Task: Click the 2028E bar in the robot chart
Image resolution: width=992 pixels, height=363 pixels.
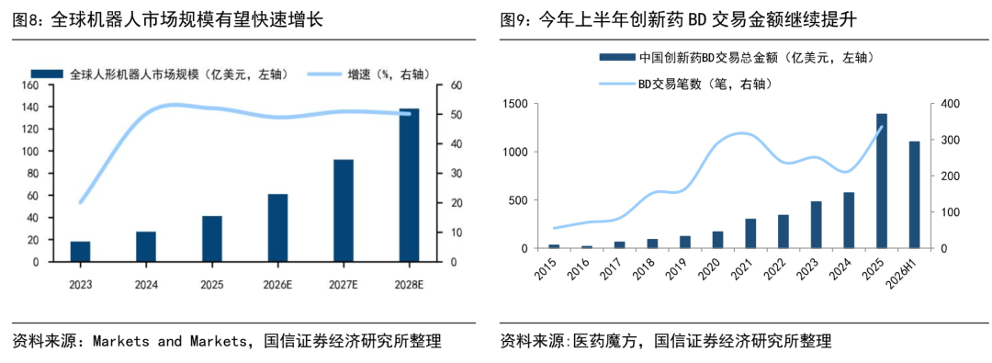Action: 409,185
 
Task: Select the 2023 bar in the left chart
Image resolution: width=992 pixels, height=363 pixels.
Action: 80,252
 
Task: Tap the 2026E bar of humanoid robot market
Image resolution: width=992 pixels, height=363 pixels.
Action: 277,228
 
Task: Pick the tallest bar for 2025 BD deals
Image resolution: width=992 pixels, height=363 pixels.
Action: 882,181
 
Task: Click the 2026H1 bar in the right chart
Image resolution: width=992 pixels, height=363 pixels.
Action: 914,195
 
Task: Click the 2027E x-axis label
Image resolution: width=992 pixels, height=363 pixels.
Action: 344,285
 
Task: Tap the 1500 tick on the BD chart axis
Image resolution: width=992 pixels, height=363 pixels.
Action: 513,104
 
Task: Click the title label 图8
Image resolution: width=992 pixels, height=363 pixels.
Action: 25,20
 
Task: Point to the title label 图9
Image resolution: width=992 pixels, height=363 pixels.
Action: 512,20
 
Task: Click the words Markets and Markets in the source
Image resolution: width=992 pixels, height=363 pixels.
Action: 170,342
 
